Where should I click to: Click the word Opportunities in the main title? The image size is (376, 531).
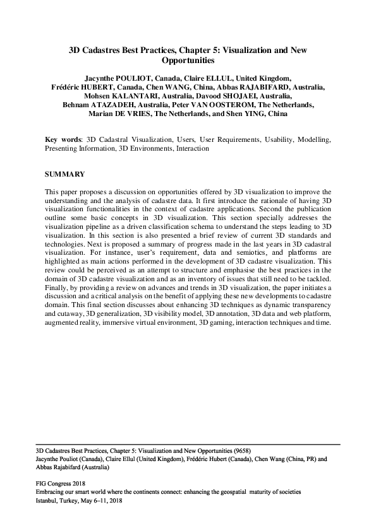(188, 61)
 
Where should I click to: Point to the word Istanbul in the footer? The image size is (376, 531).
(48, 499)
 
